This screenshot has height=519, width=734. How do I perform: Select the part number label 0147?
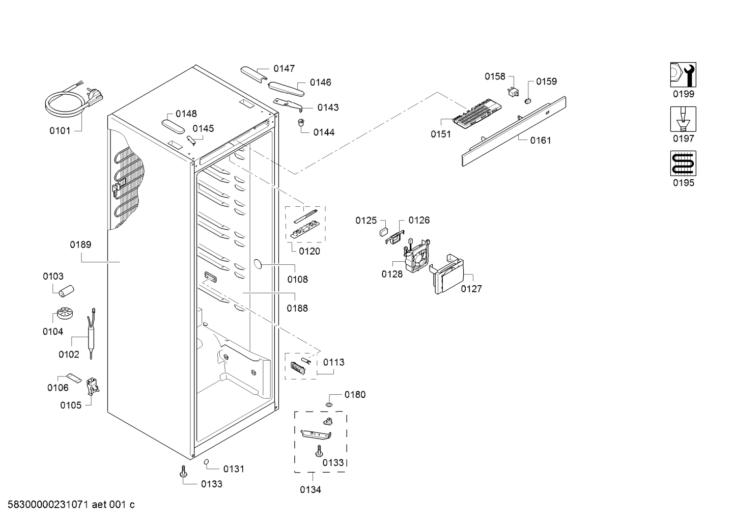(x=284, y=69)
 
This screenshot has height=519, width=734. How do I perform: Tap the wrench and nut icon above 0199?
(x=683, y=74)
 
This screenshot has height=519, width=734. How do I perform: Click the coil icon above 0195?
(x=683, y=163)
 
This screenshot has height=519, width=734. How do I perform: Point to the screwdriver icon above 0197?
(x=683, y=119)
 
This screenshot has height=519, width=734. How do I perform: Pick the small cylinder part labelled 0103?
(x=66, y=291)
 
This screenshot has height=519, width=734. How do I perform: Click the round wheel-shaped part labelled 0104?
(x=65, y=313)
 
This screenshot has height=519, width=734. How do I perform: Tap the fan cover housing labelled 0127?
(x=446, y=274)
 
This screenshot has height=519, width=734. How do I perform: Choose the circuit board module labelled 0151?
(x=477, y=110)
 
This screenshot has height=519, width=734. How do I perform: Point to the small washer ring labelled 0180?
(x=329, y=405)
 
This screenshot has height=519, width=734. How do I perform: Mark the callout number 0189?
(x=80, y=244)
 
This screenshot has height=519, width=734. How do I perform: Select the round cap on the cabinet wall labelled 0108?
(x=258, y=264)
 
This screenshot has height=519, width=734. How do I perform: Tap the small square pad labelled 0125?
(x=383, y=232)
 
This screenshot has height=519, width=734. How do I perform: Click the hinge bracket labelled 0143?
(x=288, y=104)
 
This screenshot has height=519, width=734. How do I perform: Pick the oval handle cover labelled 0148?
(x=174, y=127)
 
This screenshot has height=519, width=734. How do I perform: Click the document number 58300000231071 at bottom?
(x=48, y=505)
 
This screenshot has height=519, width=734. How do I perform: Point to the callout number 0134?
(x=310, y=489)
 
